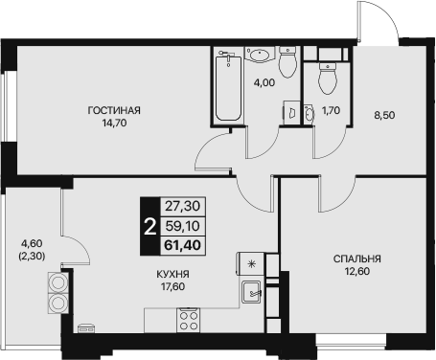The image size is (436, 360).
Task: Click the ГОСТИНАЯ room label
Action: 114,110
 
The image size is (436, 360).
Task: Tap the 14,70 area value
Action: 114,123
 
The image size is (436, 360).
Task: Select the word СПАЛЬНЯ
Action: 357,259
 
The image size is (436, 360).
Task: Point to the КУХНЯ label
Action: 172,274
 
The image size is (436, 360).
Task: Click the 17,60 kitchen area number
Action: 172,286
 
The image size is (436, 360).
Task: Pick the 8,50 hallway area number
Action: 384,115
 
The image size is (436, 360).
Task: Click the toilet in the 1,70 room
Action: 328,79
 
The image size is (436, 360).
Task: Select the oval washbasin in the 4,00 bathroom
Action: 261,55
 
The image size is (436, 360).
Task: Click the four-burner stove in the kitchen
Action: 189,320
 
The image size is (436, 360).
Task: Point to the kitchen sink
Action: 251,292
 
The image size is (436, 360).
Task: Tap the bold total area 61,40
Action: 183,245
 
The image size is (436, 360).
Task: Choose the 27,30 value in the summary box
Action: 183,206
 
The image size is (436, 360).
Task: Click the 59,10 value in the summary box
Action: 183,226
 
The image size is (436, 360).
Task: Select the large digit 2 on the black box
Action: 150,227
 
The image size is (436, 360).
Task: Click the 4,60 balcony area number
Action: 32,243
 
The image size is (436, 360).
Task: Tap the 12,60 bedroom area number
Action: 357,271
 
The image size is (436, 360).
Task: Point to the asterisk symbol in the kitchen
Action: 252,264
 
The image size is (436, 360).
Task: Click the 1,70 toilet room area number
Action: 331,111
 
